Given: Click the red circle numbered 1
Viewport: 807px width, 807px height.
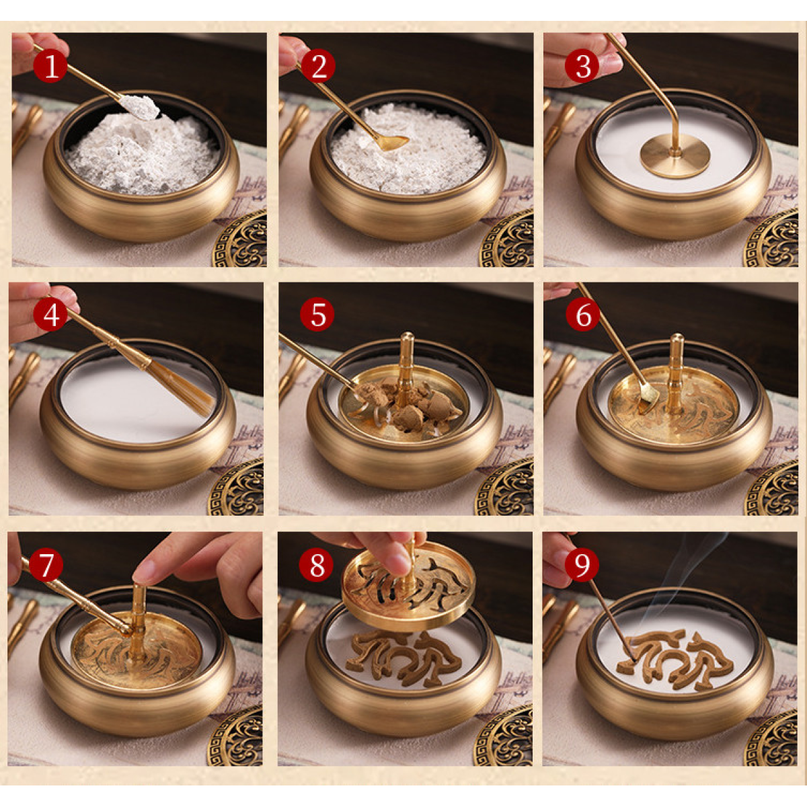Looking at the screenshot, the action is point(50,65).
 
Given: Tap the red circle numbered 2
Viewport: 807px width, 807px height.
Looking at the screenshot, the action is point(318,65).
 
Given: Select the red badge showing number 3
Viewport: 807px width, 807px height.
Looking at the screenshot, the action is point(582,65).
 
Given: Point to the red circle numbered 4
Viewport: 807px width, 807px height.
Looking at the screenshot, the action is point(50,314).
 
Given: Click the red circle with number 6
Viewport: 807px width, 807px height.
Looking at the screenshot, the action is point(582,314).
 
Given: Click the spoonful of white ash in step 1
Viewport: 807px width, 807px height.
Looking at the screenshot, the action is point(141,106).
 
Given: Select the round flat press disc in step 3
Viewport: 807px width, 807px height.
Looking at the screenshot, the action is point(675,158).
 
